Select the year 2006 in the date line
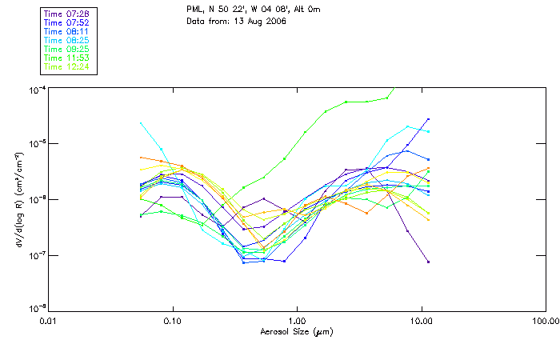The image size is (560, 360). pyautogui.click(x=274, y=21)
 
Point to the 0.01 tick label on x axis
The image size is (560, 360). pyautogui.click(x=49, y=321)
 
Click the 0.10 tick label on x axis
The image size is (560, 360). pyautogui.click(x=173, y=321)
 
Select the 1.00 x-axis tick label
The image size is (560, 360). pyautogui.click(x=297, y=321)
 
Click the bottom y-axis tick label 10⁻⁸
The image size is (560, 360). pyautogui.click(x=38, y=309)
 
